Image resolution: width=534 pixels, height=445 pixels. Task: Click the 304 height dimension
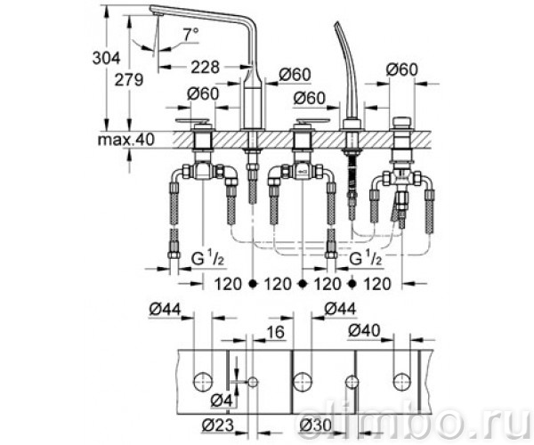106,58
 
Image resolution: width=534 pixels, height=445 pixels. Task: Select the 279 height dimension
129,80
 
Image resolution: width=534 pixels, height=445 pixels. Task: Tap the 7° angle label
190,35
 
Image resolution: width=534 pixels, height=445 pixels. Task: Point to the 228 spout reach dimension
205,67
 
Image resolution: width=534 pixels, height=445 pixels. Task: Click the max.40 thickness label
126,139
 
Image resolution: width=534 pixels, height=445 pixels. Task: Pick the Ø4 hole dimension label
222,400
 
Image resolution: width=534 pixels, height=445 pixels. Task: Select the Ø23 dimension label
218,425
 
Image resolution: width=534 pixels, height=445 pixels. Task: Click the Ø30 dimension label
315,425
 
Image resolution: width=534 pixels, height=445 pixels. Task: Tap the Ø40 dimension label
364,330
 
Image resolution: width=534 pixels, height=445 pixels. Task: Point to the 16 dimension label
276,332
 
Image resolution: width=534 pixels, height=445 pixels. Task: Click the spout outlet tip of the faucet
158,13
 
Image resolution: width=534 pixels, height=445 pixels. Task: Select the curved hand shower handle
347,69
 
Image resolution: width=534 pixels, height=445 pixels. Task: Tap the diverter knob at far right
402,123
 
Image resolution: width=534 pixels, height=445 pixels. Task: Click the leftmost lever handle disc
192,121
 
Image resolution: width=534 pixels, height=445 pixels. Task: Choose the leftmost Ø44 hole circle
203,382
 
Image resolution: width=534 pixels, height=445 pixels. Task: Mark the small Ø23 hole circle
253,382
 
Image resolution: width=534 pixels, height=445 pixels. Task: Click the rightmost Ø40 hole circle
402,382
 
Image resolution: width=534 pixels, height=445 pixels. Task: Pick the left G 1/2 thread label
207,260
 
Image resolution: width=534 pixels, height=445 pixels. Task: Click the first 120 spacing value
228,284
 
